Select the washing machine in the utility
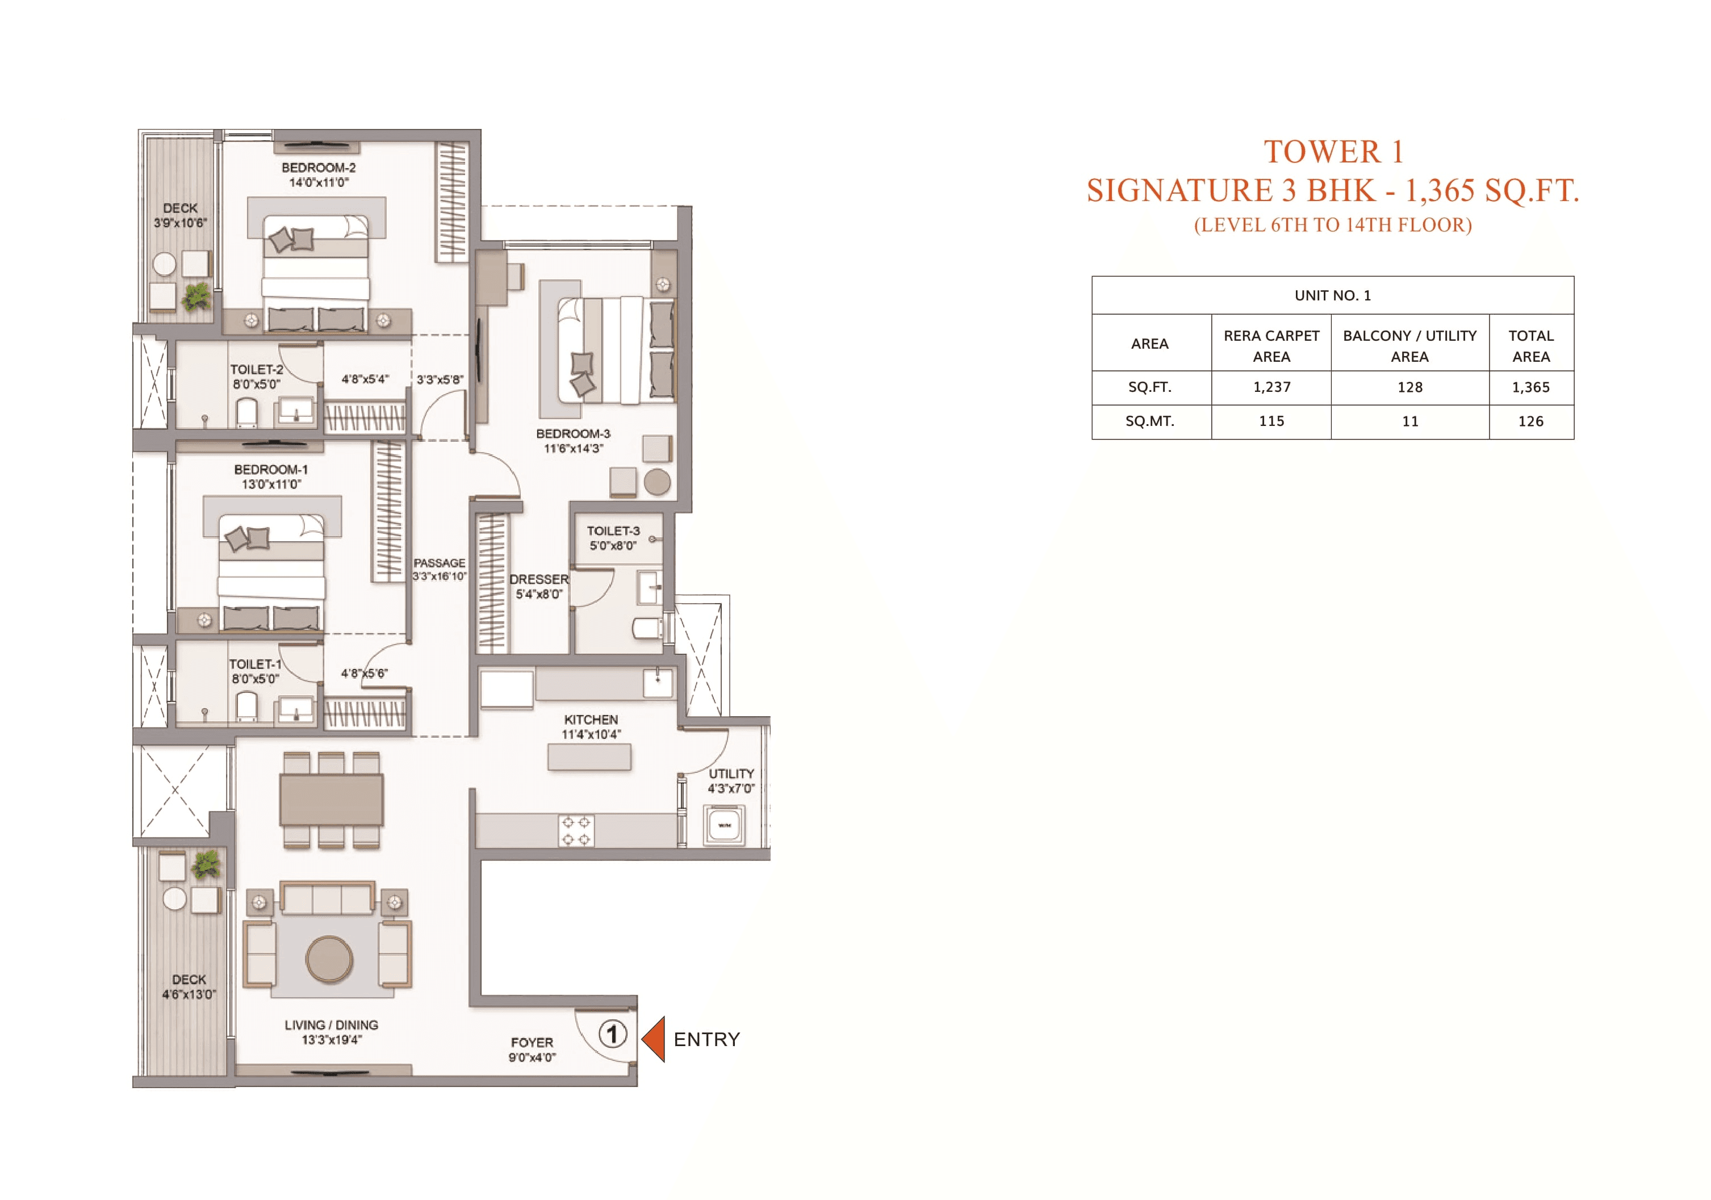pos(723,825)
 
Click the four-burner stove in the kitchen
pos(576,830)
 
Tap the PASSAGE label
pos(440,563)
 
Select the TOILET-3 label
pos(613,530)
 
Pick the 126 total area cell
pos(1530,421)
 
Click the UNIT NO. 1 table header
pos(1332,295)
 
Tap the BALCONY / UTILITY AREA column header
pos(1409,346)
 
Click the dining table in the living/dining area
pos(332,799)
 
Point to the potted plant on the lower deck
pos(206,864)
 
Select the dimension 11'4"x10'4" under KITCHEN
pos(591,734)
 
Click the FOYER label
pos(532,1042)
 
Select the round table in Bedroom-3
pos(656,482)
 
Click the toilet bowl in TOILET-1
pos(246,706)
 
